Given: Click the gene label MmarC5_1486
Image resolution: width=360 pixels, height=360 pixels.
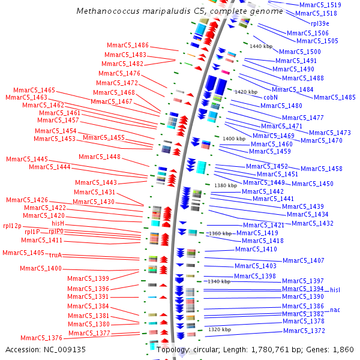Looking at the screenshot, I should (128, 46).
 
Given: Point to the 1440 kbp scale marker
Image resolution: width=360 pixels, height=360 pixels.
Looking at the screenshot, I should (261, 46).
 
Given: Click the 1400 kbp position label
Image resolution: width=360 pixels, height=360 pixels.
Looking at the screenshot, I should (234, 139).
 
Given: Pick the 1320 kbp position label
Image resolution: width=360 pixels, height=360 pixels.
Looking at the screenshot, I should (220, 329).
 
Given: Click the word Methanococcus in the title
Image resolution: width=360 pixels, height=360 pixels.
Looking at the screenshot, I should (105, 11).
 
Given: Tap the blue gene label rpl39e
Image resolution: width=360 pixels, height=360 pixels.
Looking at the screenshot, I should (320, 23).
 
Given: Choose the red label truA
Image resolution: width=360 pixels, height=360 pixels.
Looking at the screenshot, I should (56, 256).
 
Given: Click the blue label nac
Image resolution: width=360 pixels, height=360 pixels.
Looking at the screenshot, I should (335, 310).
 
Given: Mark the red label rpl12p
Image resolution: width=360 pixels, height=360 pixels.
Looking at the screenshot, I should (13, 226).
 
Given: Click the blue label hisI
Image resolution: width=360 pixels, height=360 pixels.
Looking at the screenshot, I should (335, 289).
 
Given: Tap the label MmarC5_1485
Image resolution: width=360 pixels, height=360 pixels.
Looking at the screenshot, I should (334, 97).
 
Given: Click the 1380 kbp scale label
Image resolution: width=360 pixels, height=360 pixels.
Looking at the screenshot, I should (225, 185).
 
